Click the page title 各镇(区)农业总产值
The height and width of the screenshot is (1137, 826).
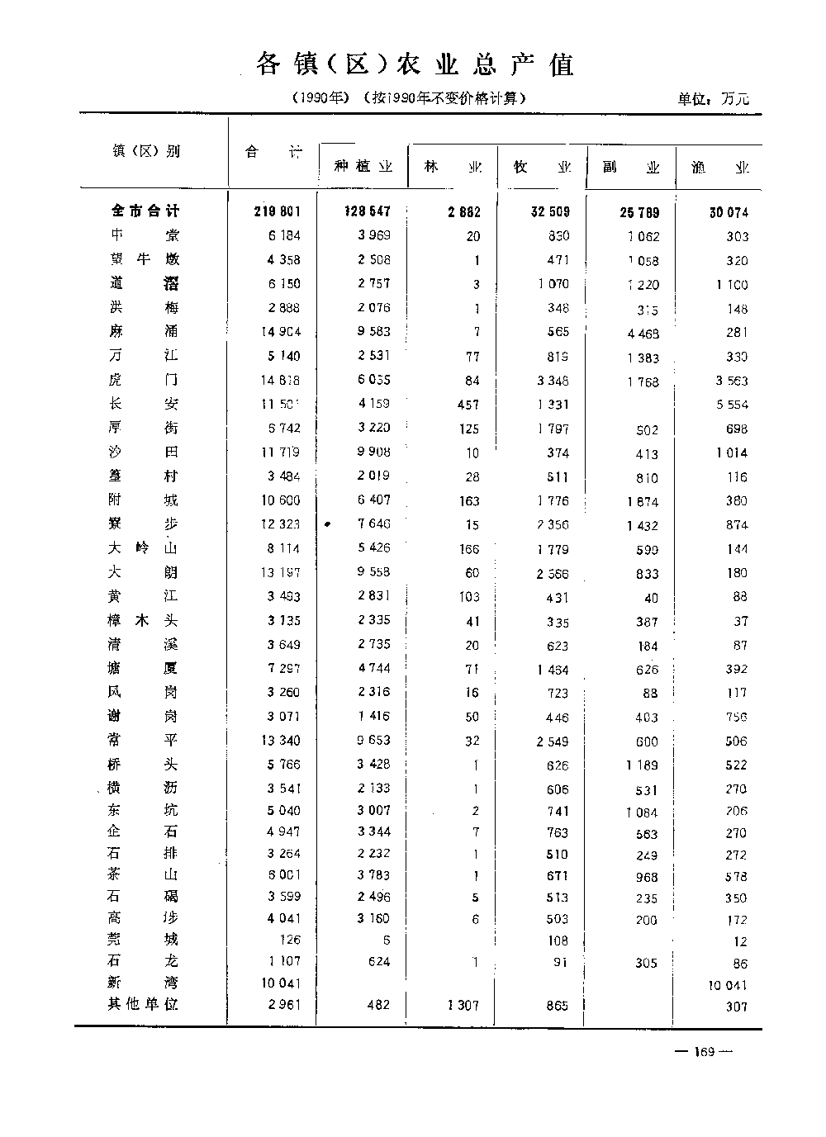[x=415, y=64]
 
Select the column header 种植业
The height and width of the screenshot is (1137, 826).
[x=363, y=167]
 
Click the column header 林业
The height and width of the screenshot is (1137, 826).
[x=453, y=167]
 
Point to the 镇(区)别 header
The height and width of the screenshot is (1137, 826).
[x=146, y=151]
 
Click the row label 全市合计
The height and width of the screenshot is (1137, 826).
[x=145, y=211]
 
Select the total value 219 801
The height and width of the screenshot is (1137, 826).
[x=277, y=211]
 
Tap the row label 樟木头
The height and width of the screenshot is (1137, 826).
[x=143, y=621]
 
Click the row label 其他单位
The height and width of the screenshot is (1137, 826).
[x=143, y=1004]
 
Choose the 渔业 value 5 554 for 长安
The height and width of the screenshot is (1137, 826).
[x=732, y=405]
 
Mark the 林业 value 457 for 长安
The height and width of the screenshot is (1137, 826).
[x=468, y=405]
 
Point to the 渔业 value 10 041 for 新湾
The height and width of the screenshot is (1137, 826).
[x=727, y=985]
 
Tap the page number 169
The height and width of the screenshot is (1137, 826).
[x=704, y=1051]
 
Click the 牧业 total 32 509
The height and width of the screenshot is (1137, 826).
[x=549, y=211]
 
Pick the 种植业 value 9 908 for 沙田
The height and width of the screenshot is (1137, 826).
[x=371, y=452]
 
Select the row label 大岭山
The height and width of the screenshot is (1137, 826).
[x=143, y=548]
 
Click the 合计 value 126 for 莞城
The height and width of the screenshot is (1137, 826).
[x=290, y=940]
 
